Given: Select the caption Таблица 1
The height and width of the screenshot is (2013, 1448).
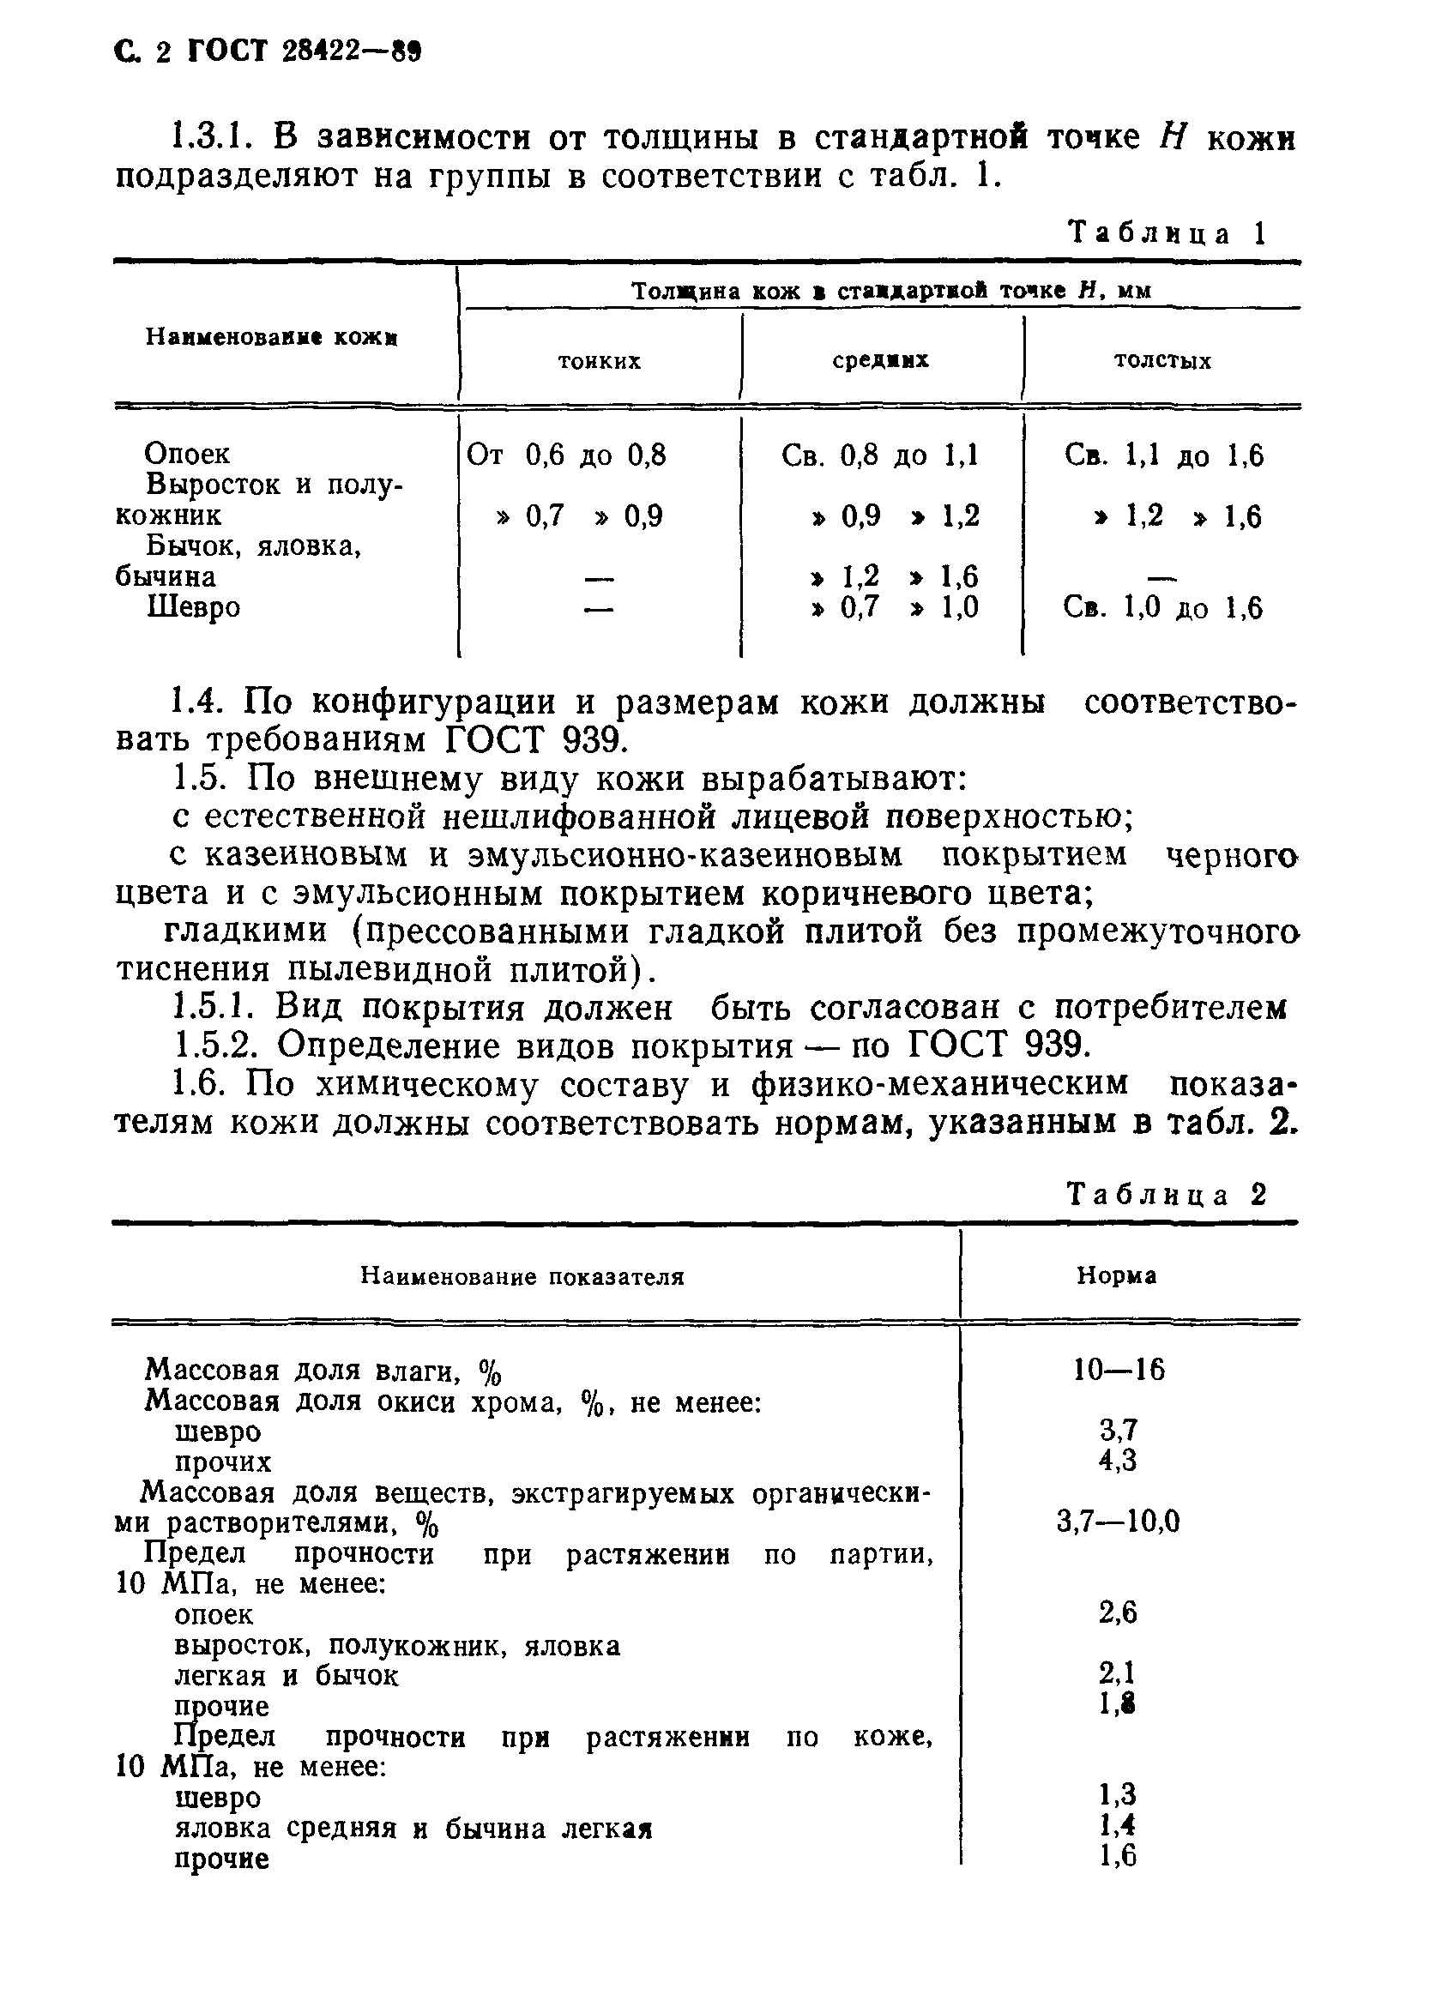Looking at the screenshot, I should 1167,233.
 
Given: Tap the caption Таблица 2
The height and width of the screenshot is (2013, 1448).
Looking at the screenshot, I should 1167,1195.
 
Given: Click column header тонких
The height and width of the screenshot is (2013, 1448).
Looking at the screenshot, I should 600,361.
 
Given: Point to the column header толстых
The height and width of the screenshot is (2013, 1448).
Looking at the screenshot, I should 1162,361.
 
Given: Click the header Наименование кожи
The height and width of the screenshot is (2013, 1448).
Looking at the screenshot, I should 272,337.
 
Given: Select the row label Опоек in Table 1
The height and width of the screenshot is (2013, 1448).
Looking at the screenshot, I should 186,454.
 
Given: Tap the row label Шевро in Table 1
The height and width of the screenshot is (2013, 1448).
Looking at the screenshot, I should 193,608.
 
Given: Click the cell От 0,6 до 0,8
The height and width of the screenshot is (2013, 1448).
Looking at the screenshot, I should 566,455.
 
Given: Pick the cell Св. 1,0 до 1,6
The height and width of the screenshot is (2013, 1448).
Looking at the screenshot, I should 1162,608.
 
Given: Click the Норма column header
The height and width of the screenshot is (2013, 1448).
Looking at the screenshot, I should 1116,1275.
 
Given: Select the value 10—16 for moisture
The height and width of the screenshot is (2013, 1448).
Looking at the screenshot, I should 1118,1370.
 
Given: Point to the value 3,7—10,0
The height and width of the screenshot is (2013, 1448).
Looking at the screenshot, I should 1118,1522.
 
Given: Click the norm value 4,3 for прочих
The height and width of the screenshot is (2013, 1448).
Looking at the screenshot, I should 1118,1460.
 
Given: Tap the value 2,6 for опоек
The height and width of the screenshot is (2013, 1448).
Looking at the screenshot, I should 1118,1612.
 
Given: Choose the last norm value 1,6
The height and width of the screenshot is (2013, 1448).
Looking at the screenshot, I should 1118,1856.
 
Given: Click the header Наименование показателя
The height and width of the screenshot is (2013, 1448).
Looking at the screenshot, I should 522,1276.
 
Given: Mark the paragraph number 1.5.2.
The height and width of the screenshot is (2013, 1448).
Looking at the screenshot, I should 214,1046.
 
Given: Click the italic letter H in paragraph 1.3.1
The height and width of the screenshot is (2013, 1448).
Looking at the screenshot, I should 1173,137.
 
